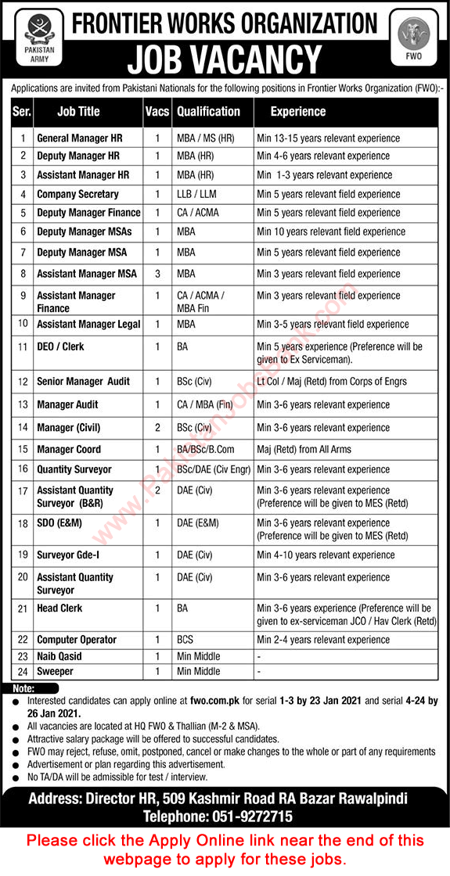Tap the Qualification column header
point(208,111)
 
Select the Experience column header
point(297,111)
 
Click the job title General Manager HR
point(79,138)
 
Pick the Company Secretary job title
point(77,194)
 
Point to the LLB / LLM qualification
point(196,194)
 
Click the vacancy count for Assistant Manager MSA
point(157,274)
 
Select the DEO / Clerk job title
point(60,346)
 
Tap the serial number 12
point(23,381)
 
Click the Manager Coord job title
point(69,450)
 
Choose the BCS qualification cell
point(186,640)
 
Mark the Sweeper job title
point(55,671)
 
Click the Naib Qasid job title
point(59,656)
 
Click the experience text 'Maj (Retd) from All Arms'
point(304,450)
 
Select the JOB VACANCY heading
point(225,59)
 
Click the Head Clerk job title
point(59,608)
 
